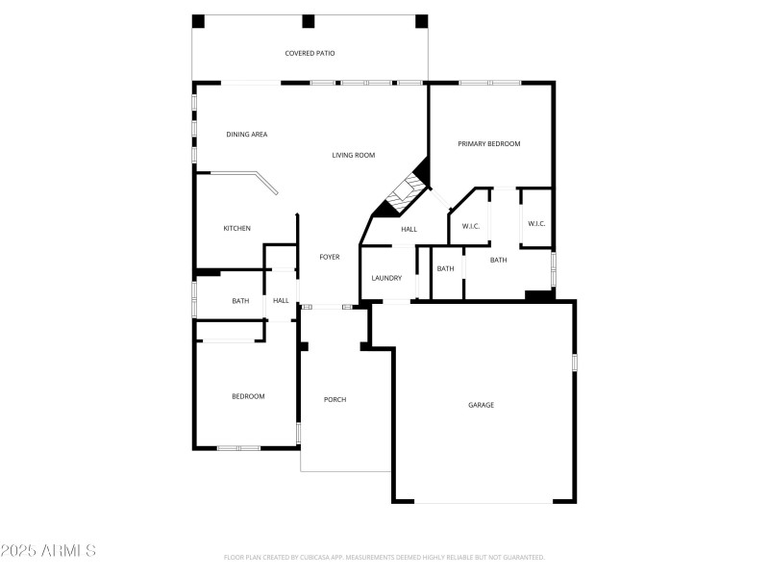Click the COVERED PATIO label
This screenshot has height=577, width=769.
[310, 54]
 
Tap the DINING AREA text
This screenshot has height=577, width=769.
[247, 135]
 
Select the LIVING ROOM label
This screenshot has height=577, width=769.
[354, 155]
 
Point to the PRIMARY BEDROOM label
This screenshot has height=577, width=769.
[489, 144]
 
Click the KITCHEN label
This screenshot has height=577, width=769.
[237, 228]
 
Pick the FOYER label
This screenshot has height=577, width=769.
[330, 257]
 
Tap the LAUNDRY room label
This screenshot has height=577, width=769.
[386, 278]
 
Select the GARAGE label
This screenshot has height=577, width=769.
[481, 405]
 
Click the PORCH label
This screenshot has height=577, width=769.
[335, 399]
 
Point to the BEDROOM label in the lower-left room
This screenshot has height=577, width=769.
[248, 396]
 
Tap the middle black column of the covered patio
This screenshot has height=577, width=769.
[309, 21]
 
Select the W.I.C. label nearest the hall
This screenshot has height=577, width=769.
[471, 227]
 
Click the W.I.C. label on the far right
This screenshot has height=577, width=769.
[536, 224]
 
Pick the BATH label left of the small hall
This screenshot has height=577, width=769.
[240, 301]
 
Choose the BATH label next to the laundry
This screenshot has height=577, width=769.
[446, 268]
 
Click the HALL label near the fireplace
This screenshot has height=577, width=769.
[409, 229]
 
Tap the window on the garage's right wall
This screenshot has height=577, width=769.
[575, 362]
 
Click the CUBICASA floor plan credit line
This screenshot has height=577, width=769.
[384, 557]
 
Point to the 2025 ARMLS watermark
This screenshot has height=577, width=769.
[48, 551]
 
